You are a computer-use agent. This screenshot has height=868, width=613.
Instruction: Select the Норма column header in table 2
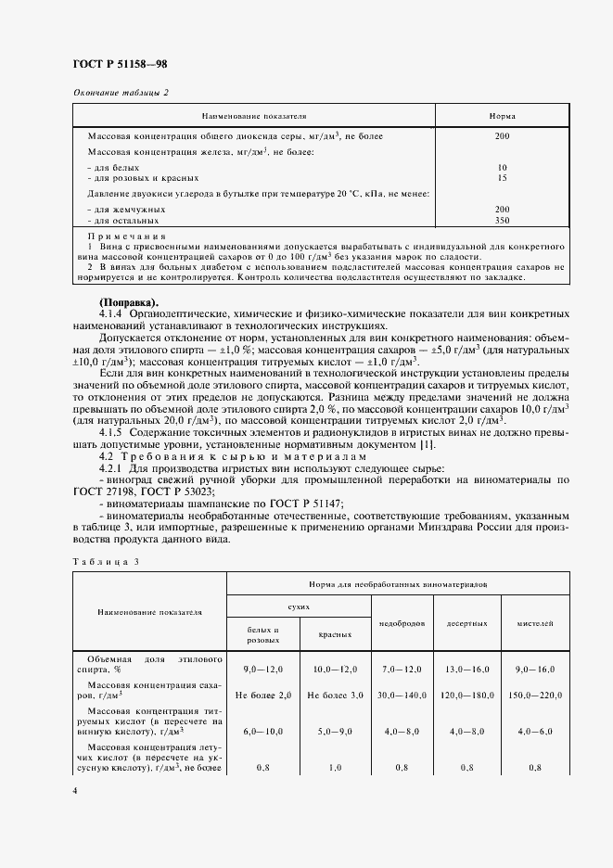coord(502,116)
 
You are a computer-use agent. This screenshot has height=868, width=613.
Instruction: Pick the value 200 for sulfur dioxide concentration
coord(502,136)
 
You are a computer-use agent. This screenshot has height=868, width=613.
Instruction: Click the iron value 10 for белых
coord(502,168)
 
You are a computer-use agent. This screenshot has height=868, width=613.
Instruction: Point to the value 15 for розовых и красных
coord(502,177)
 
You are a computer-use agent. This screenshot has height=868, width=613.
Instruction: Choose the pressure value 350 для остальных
coord(502,221)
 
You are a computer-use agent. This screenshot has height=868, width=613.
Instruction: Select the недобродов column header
coord(402,622)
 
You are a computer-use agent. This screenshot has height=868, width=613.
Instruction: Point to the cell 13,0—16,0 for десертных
coord(468,668)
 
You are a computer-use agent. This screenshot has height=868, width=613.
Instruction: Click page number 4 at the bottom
coord(75,791)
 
